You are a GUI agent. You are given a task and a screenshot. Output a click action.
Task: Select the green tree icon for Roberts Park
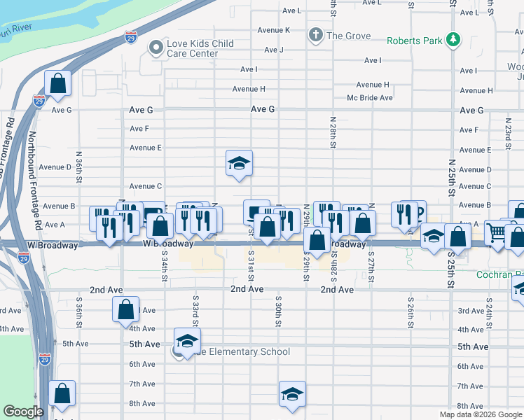454,40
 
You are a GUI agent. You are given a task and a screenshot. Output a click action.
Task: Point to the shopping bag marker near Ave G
59,84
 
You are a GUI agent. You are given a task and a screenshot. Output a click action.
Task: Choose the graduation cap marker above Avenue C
239,164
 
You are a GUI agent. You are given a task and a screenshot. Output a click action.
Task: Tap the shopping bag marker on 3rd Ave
125,310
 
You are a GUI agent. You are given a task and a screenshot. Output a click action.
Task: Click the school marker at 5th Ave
187,342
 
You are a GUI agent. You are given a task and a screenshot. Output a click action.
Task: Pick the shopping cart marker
497,231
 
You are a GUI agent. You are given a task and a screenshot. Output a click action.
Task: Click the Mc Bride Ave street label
370,98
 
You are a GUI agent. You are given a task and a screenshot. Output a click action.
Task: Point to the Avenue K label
273,30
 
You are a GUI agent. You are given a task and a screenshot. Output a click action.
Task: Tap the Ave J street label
273,50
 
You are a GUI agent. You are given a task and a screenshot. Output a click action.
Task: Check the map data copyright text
481,414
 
